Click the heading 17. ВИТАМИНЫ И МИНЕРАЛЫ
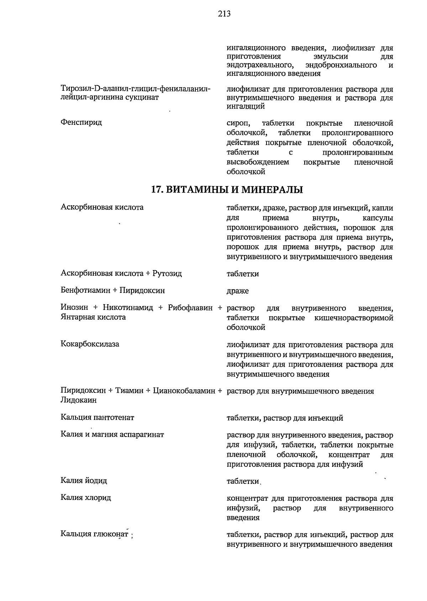pyautogui.click(x=227, y=190)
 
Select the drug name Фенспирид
pyautogui.click(x=81, y=122)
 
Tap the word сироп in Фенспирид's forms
pyautogui.click(x=238, y=123)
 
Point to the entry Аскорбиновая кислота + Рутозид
pyautogui.click(x=121, y=273)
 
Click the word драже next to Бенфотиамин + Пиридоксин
pyautogui.click(x=238, y=291)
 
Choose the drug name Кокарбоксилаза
pyautogui.click(x=90, y=344)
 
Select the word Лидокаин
pyautogui.click(x=79, y=400)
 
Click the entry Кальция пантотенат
pyautogui.click(x=97, y=417)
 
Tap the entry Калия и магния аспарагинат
pyautogui.click(x=112, y=434)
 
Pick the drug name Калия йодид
pyautogui.click(x=84, y=481)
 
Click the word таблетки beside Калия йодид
pyautogui.click(x=243, y=481)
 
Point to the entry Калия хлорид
pyautogui.click(x=86, y=497)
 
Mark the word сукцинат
pyautogui.click(x=142, y=97)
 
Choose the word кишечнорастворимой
pyautogui.click(x=354, y=318)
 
